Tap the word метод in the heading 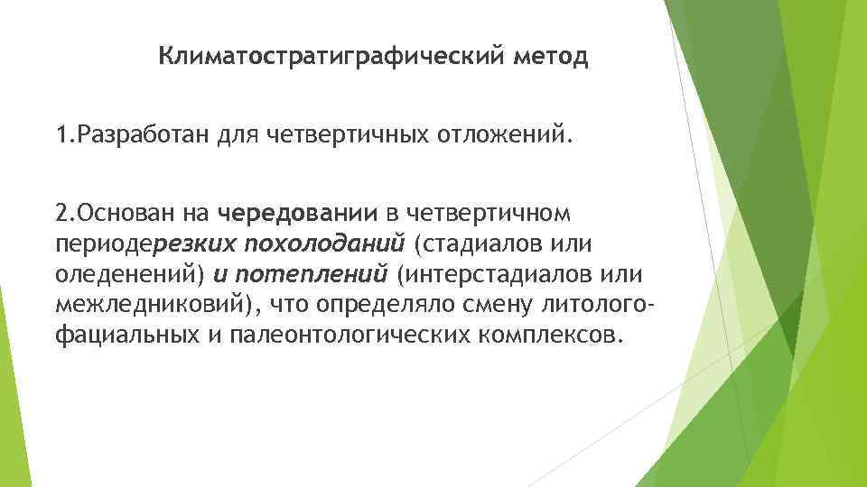point(549,59)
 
